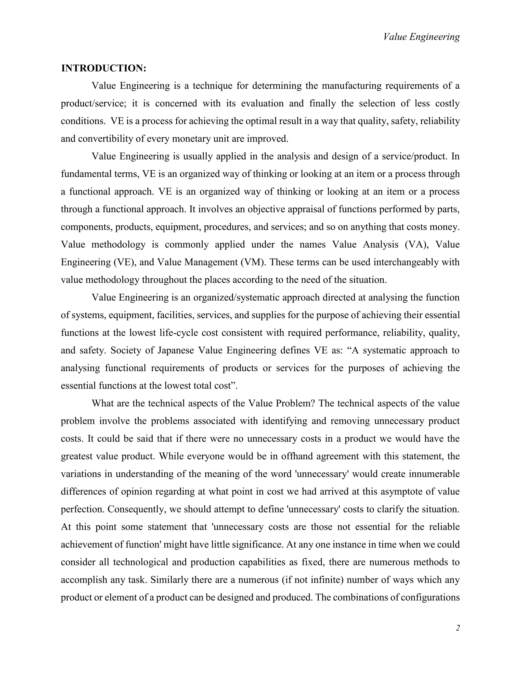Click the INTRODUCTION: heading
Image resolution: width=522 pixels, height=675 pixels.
click(103, 68)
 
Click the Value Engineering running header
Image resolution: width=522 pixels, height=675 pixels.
click(421, 37)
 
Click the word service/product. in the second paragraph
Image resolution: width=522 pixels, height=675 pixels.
click(415, 156)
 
